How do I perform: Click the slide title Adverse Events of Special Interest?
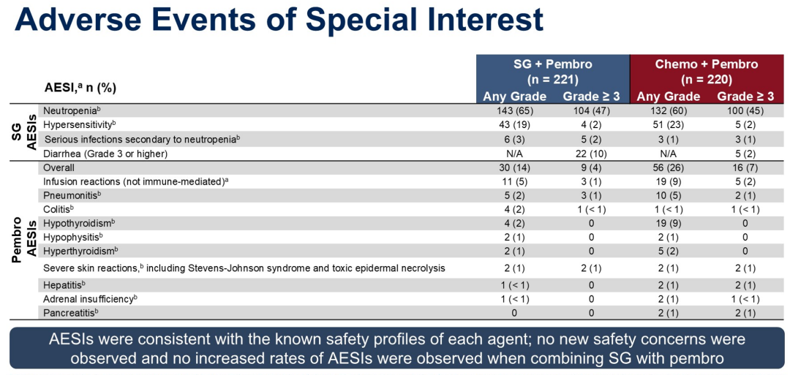click(x=279, y=20)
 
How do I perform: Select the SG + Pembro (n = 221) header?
click(x=552, y=72)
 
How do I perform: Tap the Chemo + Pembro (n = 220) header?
click(x=706, y=72)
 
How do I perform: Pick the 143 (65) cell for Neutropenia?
click(x=514, y=111)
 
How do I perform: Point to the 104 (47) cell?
click(x=592, y=111)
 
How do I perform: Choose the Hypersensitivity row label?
click(x=78, y=125)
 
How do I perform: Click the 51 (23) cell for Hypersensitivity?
click(x=668, y=125)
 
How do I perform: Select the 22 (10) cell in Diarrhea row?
click(x=592, y=154)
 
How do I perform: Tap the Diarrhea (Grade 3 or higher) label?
click(x=106, y=154)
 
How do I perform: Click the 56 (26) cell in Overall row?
click(x=668, y=167)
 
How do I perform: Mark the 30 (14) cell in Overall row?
click(x=514, y=167)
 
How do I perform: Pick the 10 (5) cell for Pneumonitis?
click(x=668, y=195)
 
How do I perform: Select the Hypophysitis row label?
click(x=73, y=237)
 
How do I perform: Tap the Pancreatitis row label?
click(x=71, y=312)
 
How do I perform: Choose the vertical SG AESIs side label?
click(x=26, y=132)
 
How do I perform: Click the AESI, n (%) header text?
click(x=80, y=88)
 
